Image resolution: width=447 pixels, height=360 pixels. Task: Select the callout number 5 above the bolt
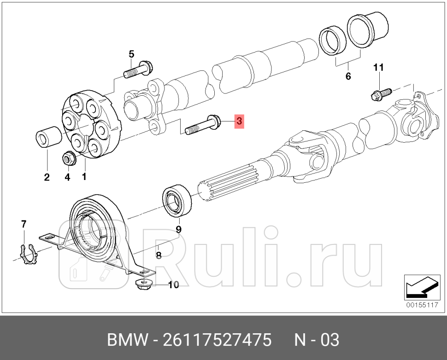coord(131,54)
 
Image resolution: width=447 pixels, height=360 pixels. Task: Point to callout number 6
coord(348,76)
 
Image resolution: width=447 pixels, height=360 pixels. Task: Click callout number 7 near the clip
coord(24,224)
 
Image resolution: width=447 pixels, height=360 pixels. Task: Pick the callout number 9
coord(178,229)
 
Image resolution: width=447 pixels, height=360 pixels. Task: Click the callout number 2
coord(47,177)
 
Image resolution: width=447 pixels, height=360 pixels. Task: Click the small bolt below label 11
coord(380,94)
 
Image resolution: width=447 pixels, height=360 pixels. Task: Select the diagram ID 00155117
coord(421,305)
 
